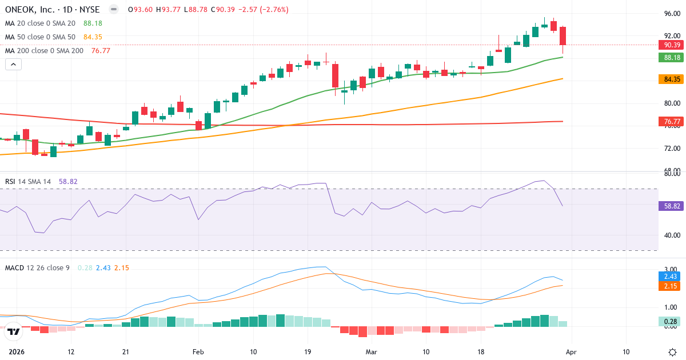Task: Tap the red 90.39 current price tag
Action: pyautogui.click(x=669, y=45)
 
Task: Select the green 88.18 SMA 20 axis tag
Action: pyautogui.click(x=669, y=57)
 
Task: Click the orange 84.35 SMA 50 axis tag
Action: pyautogui.click(x=669, y=79)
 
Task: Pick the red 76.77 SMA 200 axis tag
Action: pyautogui.click(x=669, y=122)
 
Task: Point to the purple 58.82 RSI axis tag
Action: pyautogui.click(x=669, y=206)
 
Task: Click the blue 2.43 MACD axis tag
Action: pyautogui.click(x=669, y=276)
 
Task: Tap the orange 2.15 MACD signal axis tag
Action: pyautogui.click(x=669, y=285)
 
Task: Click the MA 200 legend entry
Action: pyautogui.click(x=44, y=51)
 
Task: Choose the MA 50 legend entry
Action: pyautogui.click(x=40, y=37)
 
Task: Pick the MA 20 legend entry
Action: pyautogui.click(x=40, y=23)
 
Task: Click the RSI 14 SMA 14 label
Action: pyautogui.click(x=28, y=182)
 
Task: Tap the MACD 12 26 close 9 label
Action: pyautogui.click(x=37, y=267)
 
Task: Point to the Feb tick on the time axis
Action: pyautogui.click(x=198, y=351)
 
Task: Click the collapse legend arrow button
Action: pyautogui.click(x=13, y=65)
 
